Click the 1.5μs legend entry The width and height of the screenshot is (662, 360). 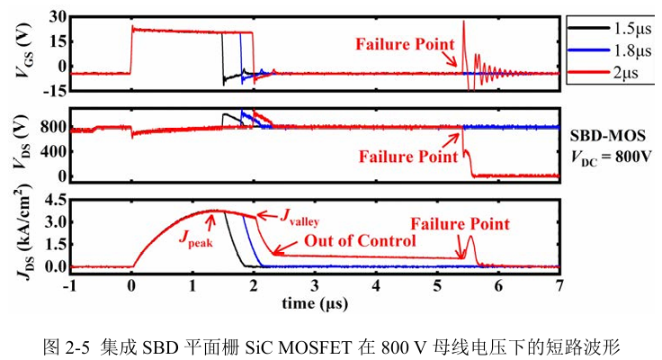tap(610, 29)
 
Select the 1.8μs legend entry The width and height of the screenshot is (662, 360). tap(610, 50)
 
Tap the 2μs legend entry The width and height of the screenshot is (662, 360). tap(604, 73)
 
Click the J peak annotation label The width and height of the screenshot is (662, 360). tap(195, 238)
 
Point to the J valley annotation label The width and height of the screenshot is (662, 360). tap(300, 217)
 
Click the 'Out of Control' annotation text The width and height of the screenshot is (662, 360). tap(360, 241)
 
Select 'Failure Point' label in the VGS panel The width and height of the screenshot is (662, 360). tap(405, 44)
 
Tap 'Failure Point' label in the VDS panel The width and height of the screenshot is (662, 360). tap(408, 157)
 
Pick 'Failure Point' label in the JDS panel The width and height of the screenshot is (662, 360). tap(461, 224)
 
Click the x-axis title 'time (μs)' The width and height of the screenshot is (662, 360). tap(315, 303)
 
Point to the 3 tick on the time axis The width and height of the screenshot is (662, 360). tap(315, 286)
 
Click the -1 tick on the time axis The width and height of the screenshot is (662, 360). tap(69, 286)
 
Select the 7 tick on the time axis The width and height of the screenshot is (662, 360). tap(559, 286)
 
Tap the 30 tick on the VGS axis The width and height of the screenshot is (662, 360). tap(58, 17)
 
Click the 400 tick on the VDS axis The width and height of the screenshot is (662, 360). tap(53, 151)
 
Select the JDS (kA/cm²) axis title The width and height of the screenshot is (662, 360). tap(24, 232)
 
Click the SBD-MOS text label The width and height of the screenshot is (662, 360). tap(607, 136)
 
